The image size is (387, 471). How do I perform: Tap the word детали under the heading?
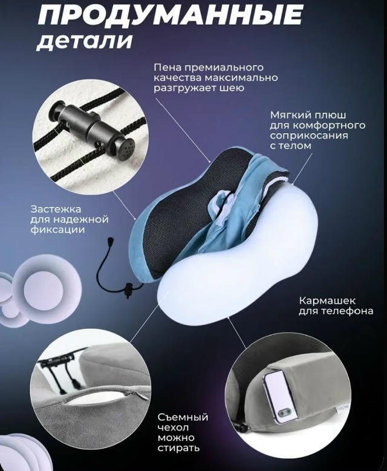tap(85, 40)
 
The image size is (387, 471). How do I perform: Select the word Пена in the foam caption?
tap(167, 67)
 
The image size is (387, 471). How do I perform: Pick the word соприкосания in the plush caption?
tap(309, 135)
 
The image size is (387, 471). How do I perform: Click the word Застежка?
tap(56, 209)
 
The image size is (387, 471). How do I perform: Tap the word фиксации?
tap(57, 230)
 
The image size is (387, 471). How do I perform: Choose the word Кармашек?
tap(327, 300)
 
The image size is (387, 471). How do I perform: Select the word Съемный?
tap(183, 417)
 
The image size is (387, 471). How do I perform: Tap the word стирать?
tap(178, 448)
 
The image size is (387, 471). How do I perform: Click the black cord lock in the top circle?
tap(94, 128)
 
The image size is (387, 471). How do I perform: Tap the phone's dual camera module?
tap(284, 413)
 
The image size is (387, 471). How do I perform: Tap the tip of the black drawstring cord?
tap(111, 240)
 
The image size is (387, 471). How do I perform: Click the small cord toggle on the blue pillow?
tap(129, 290)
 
